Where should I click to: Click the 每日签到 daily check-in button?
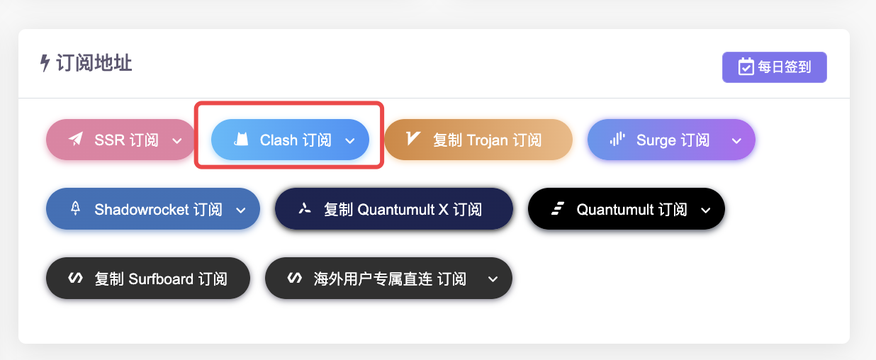[x=775, y=67]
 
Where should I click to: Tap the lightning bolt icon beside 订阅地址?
[x=45, y=63]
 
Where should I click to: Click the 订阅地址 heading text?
[x=94, y=63]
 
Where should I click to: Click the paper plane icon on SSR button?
[x=75, y=140]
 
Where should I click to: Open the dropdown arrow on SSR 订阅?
[x=177, y=141]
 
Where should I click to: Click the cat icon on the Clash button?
[x=242, y=140]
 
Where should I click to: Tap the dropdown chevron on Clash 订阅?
[x=349, y=141]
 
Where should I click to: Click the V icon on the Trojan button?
[x=413, y=139]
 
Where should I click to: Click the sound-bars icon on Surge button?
[x=617, y=140]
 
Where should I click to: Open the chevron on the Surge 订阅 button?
[x=736, y=141]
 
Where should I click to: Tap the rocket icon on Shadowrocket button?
[x=75, y=209]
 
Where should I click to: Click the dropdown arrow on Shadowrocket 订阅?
[x=240, y=210]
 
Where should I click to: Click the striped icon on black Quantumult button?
[x=557, y=209]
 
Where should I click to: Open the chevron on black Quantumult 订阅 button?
[x=705, y=210]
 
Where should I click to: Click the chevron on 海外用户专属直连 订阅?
[x=493, y=279]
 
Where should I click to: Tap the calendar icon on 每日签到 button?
[x=746, y=67]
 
